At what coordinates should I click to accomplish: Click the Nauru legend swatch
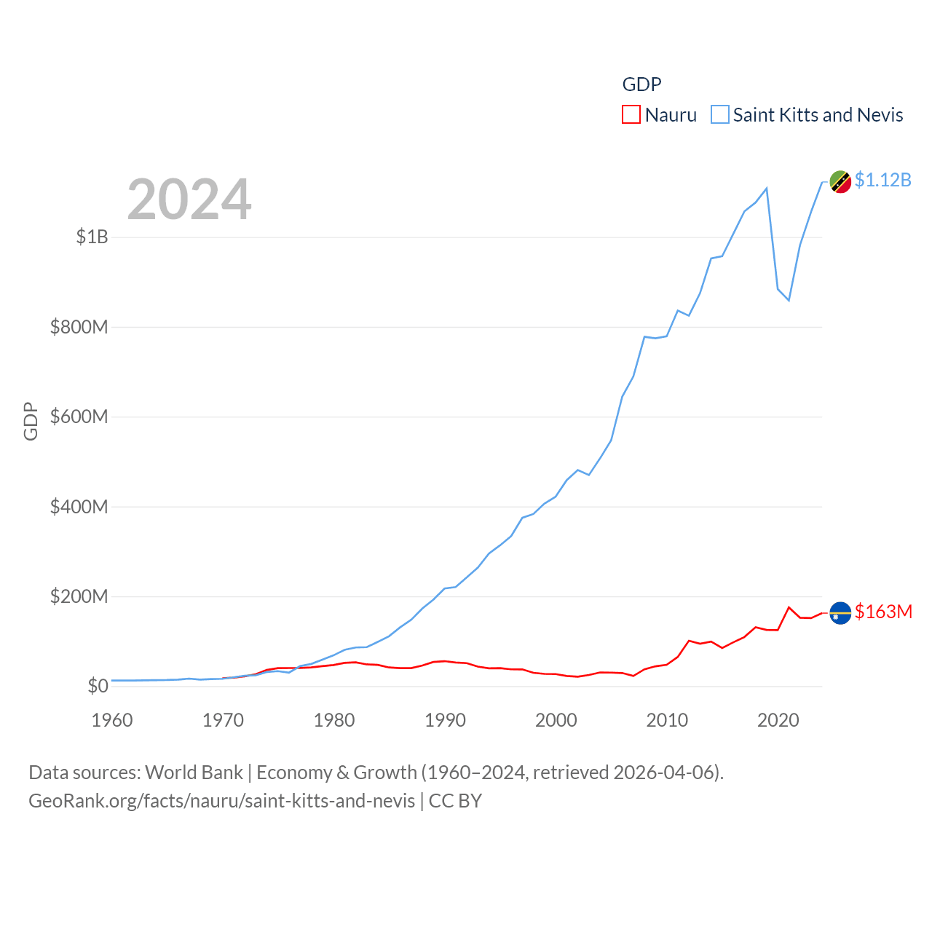[x=631, y=115]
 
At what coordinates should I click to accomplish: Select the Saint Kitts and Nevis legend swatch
[x=719, y=115]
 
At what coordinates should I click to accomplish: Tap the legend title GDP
[x=641, y=84]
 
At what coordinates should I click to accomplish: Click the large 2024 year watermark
[x=189, y=199]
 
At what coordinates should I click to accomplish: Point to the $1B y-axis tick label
[x=92, y=237]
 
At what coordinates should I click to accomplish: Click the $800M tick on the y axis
[x=79, y=327]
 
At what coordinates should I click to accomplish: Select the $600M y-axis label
[x=79, y=416]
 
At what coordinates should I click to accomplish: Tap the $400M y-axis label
[x=79, y=507]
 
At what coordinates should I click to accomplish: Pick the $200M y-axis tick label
[x=79, y=596]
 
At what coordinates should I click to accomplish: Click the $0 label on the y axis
[x=98, y=686]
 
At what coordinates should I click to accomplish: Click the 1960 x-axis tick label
[x=112, y=720]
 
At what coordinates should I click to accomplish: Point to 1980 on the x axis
[x=334, y=720]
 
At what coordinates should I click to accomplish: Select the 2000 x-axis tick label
[x=556, y=720]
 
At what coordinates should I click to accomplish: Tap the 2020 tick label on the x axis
[x=778, y=720]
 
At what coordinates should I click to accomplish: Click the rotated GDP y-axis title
[x=31, y=421]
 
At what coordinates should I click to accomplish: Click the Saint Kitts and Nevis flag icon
[x=840, y=182]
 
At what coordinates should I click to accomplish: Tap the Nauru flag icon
[x=840, y=613]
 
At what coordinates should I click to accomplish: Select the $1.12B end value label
[x=882, y=180]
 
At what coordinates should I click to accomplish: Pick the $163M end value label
[x=883, y=612]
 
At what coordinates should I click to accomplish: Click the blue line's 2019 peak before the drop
[x=767, y=188]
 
